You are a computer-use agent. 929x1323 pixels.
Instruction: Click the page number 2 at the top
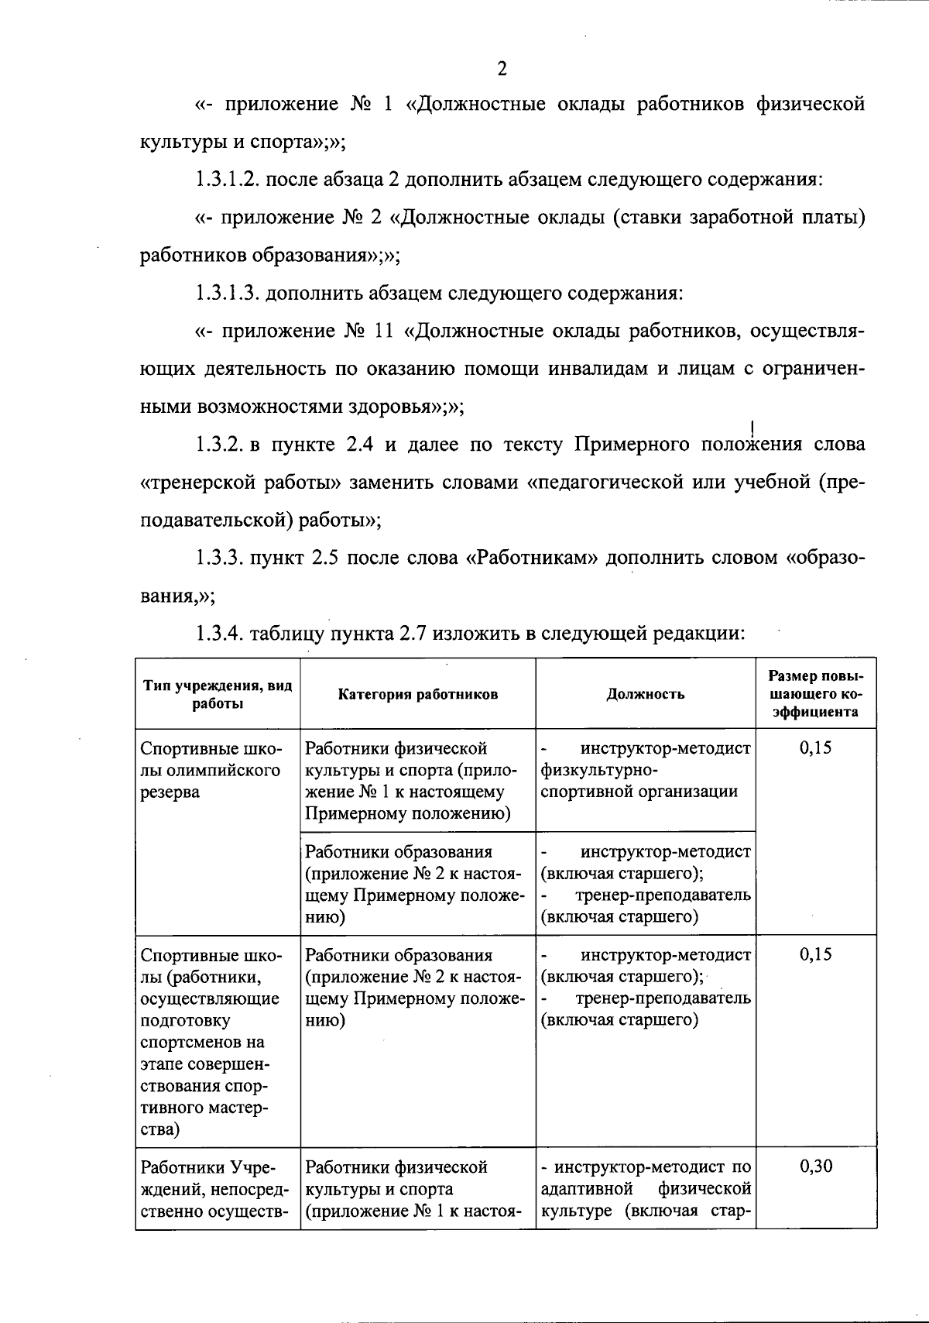coord(502,69)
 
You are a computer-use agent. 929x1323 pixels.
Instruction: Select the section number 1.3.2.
coord(218,445)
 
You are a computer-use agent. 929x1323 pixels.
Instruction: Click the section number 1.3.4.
coord(218,634)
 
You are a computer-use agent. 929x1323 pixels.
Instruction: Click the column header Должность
coord(645,694)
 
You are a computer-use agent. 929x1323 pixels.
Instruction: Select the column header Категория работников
coord(418,694)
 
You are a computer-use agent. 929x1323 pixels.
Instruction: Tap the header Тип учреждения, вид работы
coord(218,694)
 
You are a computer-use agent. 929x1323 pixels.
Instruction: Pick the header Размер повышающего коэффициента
coord(816,693)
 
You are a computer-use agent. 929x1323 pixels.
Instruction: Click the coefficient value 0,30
coord(816,1167)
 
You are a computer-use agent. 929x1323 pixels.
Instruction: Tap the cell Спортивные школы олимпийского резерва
coord(211,770)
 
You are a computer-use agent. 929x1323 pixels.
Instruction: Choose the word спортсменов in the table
coord(202,1043)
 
